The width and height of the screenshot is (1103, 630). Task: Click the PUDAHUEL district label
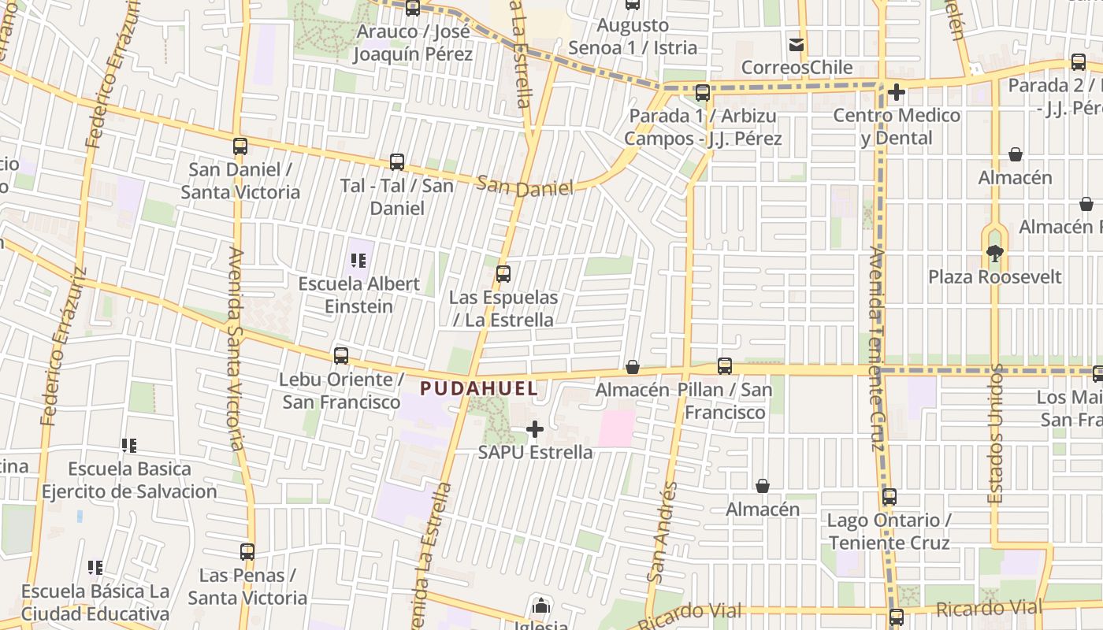coord(479,388)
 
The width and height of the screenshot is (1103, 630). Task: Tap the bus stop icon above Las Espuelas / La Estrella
coord(503,274)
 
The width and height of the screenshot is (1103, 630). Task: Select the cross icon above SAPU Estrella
coord(535,429)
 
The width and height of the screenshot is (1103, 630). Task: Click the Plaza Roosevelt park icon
coord(994,254)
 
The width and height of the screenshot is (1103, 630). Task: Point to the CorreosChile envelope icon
coord(797,45)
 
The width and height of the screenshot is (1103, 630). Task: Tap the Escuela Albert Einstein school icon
coord(359,261)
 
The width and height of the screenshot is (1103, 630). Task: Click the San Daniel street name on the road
coord(525,186)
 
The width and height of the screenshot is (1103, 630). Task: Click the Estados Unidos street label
coord(997,433)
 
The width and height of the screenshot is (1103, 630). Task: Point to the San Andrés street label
coord(662,532)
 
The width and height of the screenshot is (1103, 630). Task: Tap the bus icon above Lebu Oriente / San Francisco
coord(341,355)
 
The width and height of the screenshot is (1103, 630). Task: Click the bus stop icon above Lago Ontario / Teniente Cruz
coord(889,497)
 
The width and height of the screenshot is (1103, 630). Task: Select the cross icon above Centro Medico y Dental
coord(896,93)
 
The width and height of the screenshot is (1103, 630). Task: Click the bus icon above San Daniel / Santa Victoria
coord(240,146)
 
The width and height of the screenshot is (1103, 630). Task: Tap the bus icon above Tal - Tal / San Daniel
coord(397,162)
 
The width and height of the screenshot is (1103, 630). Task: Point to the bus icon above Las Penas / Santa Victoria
coord(247,552)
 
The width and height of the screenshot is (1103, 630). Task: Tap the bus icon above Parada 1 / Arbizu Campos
coord(703,93)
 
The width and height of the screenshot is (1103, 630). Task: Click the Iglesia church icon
coord(540,606)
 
